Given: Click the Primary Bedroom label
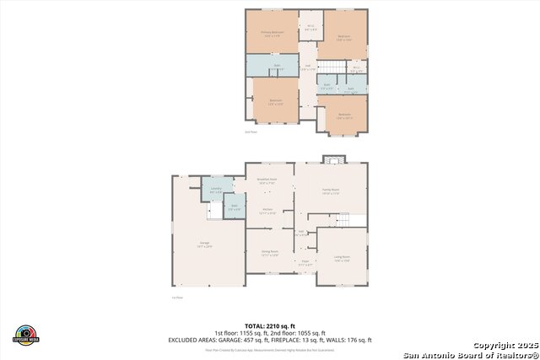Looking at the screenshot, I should point(272,34).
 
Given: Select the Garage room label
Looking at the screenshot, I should point(205,244).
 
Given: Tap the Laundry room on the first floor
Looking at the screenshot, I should point(216,191).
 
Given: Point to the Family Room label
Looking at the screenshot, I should point(330,191).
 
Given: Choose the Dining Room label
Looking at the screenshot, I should point(270,252).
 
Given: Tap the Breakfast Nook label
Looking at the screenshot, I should point(269,180).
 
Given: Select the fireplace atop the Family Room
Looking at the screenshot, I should point(335,159).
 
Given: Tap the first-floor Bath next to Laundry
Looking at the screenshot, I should point(235,207).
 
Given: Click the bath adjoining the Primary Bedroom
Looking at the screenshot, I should point(272,67).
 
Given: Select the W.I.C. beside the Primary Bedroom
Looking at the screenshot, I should point(310,26).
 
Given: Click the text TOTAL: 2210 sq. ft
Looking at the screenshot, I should point(271,325).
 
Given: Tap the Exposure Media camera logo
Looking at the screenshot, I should point(26,334).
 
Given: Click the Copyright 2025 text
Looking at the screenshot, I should point(504,346).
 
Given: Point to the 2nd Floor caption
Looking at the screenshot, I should point(251,132).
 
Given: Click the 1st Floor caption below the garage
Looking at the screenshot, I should point(177,298).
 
